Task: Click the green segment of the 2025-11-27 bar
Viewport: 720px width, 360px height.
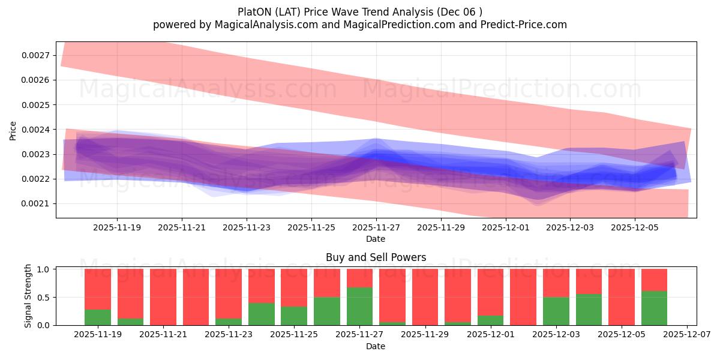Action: (x=359, y=307)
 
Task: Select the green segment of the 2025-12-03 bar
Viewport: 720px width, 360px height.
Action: (x=556, y=311)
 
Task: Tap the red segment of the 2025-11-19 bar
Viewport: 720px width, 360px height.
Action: (x=98, y=289)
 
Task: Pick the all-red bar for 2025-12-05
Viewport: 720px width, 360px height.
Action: (x=622, y=297)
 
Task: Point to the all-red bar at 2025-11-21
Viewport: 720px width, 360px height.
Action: (x=163, y=297)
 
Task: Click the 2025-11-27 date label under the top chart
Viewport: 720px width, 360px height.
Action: (x=376, y=228)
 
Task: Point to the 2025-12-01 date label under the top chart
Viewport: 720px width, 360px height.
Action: (x=506, y=228)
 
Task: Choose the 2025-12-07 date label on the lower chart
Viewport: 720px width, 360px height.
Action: (x=686, y=335)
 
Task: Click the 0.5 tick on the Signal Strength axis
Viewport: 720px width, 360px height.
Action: (x=44, y=297)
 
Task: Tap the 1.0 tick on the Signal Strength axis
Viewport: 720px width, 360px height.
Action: (x=44, y=269)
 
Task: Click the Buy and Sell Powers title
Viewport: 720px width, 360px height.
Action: (x=376, y=257)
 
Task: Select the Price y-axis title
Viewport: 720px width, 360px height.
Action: (x=13, y=130)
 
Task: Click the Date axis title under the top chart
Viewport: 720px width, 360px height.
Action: (x=376, y=239)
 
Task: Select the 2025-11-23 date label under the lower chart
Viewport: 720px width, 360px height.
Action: (x=229, y=335)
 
